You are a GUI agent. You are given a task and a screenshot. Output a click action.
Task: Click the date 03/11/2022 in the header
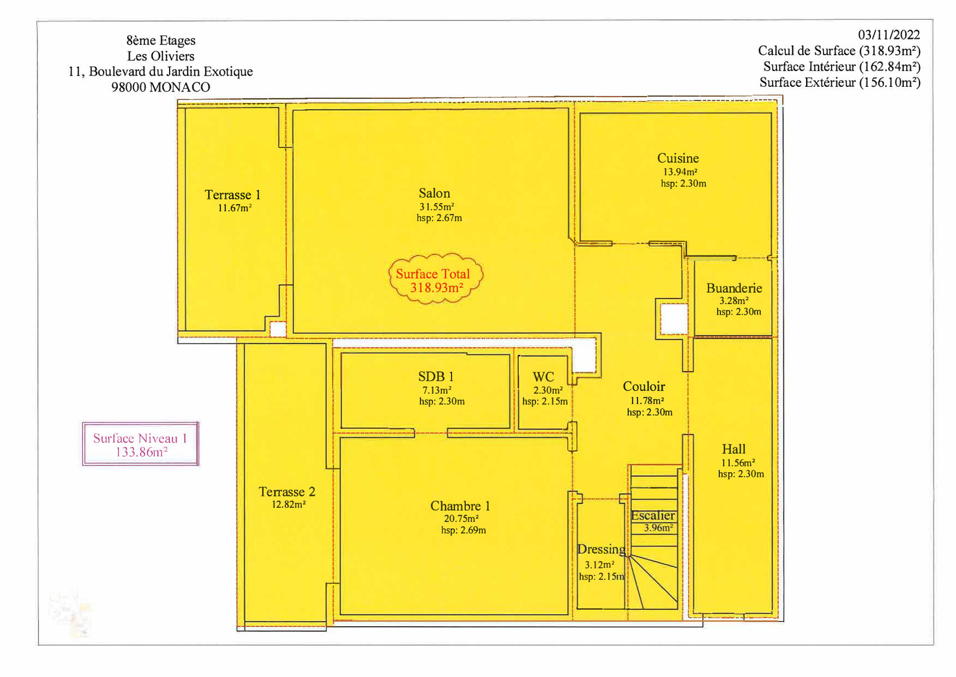889,34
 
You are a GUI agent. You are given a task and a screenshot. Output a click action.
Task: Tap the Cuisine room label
678,158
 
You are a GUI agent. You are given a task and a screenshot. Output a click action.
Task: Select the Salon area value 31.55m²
437,206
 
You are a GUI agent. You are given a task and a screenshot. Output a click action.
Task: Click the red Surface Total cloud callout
435,279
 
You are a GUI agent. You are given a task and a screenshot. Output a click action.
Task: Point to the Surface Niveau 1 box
140,444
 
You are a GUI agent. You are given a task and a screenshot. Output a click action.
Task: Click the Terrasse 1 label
233,195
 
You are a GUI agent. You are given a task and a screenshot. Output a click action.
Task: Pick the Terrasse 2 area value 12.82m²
289,504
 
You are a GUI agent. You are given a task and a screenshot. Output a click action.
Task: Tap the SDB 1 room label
436,376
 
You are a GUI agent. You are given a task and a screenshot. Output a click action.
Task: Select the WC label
543,377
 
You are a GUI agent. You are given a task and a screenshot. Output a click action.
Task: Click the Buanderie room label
734,288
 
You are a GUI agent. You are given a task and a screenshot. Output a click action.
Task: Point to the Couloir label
644,386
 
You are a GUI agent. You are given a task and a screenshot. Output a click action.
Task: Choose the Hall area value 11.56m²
738,463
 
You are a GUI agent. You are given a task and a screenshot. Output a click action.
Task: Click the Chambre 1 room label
460,506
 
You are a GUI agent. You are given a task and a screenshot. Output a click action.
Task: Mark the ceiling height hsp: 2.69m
463,530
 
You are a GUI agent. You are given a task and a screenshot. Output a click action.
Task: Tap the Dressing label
601,549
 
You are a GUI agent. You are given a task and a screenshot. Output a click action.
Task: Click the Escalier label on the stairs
653,516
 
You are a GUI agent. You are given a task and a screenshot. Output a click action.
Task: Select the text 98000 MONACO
161,87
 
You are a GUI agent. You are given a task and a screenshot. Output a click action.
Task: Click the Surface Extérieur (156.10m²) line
840,82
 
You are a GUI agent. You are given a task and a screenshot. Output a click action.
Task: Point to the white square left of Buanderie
674,319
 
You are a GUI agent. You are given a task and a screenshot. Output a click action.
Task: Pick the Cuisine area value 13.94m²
680,172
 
